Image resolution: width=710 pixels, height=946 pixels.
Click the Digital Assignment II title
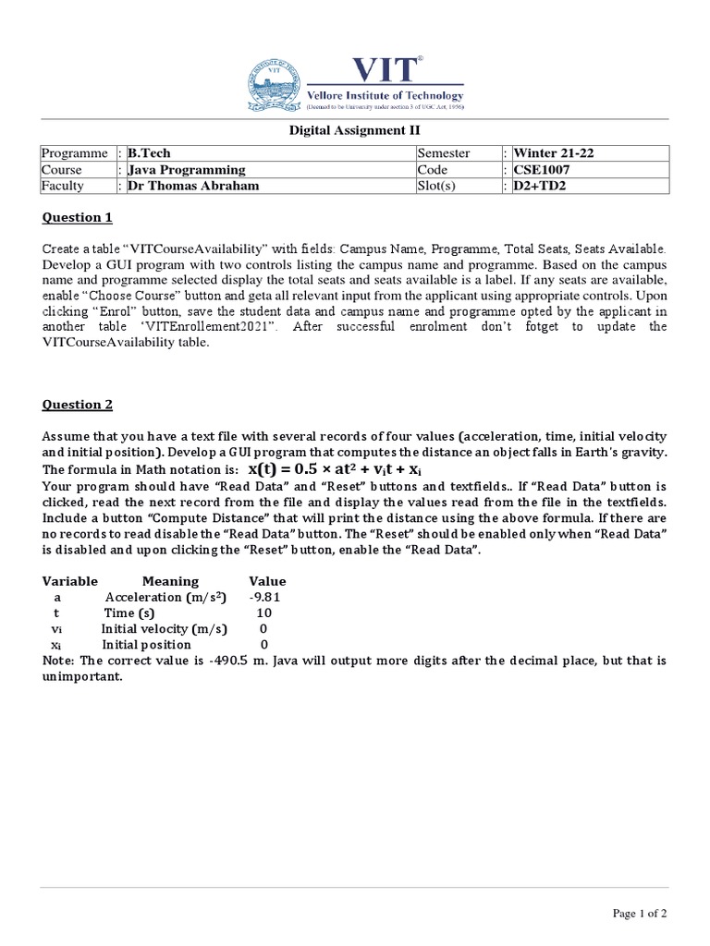(x=354, y=130)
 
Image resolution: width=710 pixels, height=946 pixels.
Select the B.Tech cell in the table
(x=150, y=153)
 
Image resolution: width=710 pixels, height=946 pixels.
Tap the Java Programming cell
(x=187, y=170)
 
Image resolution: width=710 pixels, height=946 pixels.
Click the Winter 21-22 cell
(x=553, y=153)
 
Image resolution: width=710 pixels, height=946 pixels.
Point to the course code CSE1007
(x=540, y=170)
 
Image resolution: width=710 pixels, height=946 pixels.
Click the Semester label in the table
(x=445, y=153)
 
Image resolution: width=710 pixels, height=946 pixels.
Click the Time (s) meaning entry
(x=129, y=612)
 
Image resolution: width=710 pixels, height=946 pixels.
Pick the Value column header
(x=268, y=581)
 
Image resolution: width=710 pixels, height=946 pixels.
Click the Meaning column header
(x=170, y=581)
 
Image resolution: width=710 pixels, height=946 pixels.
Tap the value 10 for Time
(x=263, y=612)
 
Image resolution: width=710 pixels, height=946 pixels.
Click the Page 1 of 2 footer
(x=640, y=913)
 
